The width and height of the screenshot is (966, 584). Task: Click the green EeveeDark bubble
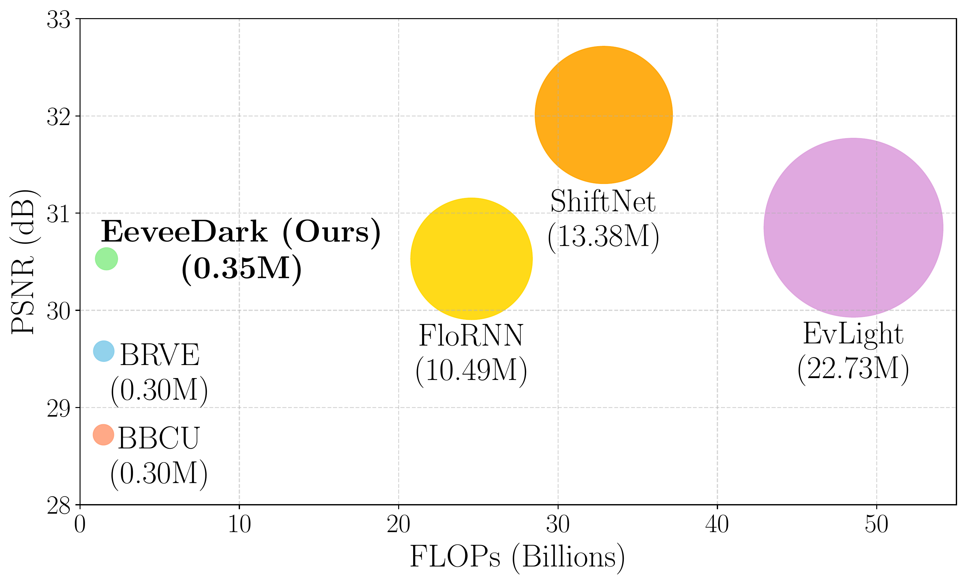click(x=106, y=259)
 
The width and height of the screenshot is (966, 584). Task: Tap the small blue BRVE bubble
click(x=103, y=351)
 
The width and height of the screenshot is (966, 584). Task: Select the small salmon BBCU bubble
click(x=103, y=435)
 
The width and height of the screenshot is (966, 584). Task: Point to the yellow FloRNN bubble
click(x=471, y=259)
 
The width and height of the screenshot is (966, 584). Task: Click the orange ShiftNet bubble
click(x=604, y=115)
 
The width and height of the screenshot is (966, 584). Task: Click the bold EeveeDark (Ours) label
click(x=240, y=232)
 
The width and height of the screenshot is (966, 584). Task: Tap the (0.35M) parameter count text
click(x=242, y=268)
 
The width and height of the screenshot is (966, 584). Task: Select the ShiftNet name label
click(x=603, y=201)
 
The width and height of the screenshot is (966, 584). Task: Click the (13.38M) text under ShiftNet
click(x=603, y=237)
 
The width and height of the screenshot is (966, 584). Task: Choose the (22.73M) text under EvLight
click(x=853, y=369)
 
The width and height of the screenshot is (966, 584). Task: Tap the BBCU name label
click(x=159, y=438)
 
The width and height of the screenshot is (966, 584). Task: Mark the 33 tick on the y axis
click(x=59, y=20)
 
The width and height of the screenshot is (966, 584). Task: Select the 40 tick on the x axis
click(x=717, y=524)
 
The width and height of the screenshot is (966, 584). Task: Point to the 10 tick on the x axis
click(x=239, y=524)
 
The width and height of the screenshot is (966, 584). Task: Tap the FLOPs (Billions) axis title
click(x=517, y=557)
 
